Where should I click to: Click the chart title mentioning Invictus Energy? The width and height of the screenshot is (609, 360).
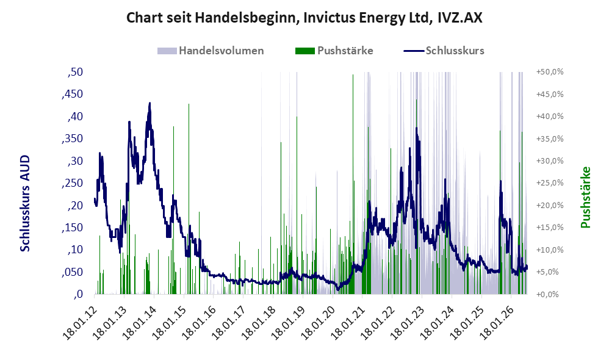coord(304,18)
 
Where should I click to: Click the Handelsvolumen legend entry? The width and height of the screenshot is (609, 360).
coord(211,51)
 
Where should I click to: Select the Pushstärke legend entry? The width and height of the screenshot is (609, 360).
coord(334,51)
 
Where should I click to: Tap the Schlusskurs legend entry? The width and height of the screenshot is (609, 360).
coord(444,51)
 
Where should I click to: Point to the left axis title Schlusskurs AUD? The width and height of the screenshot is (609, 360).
coord(25,203)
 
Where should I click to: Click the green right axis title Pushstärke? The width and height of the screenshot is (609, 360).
coord(585,197)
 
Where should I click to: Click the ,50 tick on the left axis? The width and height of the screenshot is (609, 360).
coord(75,72)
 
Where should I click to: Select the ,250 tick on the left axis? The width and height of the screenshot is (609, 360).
coord(72,183)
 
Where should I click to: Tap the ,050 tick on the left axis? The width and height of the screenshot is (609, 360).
coord(72,272)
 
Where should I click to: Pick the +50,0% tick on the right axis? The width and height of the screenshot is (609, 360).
coord(550,72)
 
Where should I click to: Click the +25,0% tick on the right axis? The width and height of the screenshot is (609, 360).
coord(550,183)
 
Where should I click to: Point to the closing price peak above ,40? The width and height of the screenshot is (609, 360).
coord(150,103)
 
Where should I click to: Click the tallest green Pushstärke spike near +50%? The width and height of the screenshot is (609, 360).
coord(353,75)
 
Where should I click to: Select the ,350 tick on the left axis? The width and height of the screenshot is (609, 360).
coord(72,139)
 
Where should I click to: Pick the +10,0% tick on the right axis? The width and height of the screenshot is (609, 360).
coord(550,250)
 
